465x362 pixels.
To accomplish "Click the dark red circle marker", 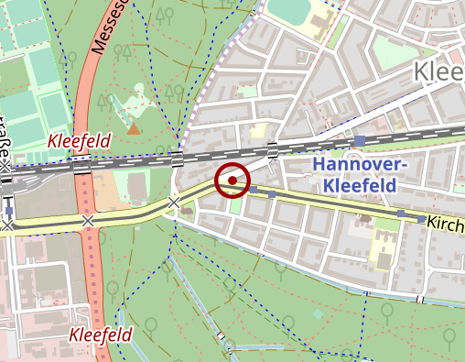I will [232, 181].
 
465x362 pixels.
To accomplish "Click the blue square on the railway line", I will [362, 141].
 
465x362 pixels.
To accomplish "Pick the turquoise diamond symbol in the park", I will [318, 313].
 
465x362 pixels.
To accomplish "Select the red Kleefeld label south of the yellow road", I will [101, 335].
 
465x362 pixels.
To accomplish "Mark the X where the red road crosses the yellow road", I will [87, 221].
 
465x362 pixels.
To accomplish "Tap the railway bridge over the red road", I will [82, 166].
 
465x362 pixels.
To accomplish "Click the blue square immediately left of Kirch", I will [421, 220].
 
